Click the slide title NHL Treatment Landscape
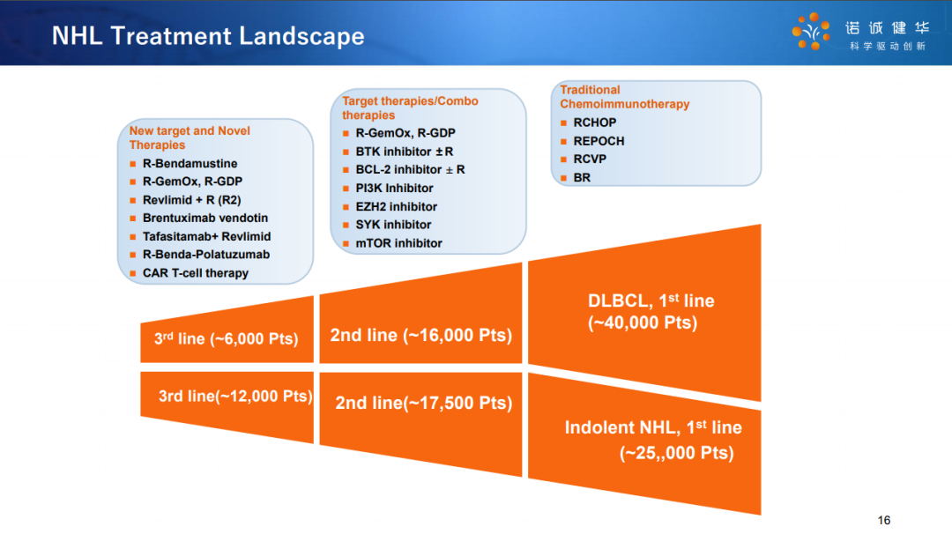208,36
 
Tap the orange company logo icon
811,31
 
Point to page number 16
884,520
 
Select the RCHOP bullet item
594,122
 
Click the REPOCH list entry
599,141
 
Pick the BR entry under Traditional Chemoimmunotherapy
582,178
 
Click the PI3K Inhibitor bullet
394,188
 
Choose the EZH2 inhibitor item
396,207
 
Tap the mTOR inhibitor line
398,243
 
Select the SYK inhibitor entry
393,225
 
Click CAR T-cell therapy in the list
196,273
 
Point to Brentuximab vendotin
205,218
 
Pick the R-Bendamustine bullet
190,163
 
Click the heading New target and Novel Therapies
190,137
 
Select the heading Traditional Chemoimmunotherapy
625,97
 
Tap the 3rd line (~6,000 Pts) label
226,338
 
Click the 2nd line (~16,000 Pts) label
420,335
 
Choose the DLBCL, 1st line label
651,301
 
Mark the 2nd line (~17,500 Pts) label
424,403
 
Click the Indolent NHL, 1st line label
653,427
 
